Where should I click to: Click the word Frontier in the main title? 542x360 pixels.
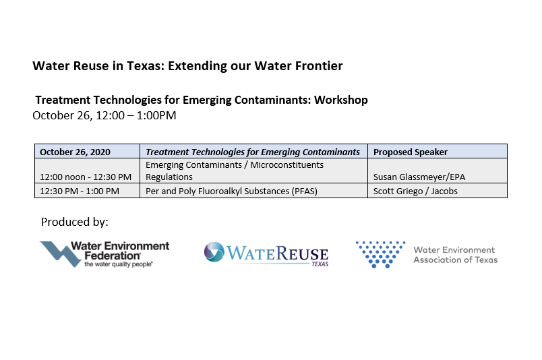tap(319, 65)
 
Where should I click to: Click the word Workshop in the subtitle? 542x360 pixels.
tap(341, 100)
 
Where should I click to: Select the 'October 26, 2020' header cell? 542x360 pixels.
tap(88, 152)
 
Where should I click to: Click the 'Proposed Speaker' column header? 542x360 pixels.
tap(438, 152)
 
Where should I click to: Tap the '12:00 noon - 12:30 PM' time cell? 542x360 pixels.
tap(88, 171)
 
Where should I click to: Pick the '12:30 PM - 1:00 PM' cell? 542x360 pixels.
tap(88, 191)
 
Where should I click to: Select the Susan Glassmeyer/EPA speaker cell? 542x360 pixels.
tap(438, 171)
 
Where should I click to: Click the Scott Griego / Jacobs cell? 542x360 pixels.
tap(438, 191)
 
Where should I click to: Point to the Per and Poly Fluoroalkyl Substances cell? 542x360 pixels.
tap(253, 191)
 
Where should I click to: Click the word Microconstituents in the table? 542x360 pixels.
tap(287, 164)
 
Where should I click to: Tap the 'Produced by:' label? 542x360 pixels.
tap(75, 222)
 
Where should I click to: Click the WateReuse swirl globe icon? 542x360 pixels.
tap(214, 251)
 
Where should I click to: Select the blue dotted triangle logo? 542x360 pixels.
tap(380, 254)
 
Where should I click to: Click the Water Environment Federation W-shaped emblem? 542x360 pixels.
tap(61, 254)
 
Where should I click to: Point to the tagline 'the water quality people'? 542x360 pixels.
tap(119, 264)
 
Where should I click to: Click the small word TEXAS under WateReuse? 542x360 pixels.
tap(320, 264)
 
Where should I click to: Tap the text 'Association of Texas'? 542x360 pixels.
tap(456, 260)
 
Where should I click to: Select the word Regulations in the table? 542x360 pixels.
tap(169, 177)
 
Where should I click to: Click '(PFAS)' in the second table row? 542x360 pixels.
tap(305, 191)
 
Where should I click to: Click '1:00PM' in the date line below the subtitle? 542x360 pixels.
tap(156, 115)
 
